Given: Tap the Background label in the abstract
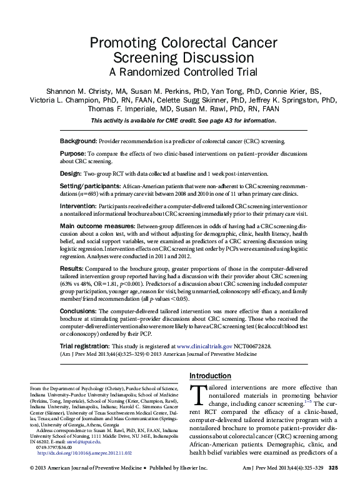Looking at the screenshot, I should coord(78,142).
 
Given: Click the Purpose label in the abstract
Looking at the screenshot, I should coord(73,153).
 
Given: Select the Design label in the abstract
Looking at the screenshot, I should coord(71,173).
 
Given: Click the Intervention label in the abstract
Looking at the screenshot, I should coord(79,206).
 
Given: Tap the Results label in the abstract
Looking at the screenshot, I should coord(72,269).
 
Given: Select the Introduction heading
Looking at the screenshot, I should coord(210,376).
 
